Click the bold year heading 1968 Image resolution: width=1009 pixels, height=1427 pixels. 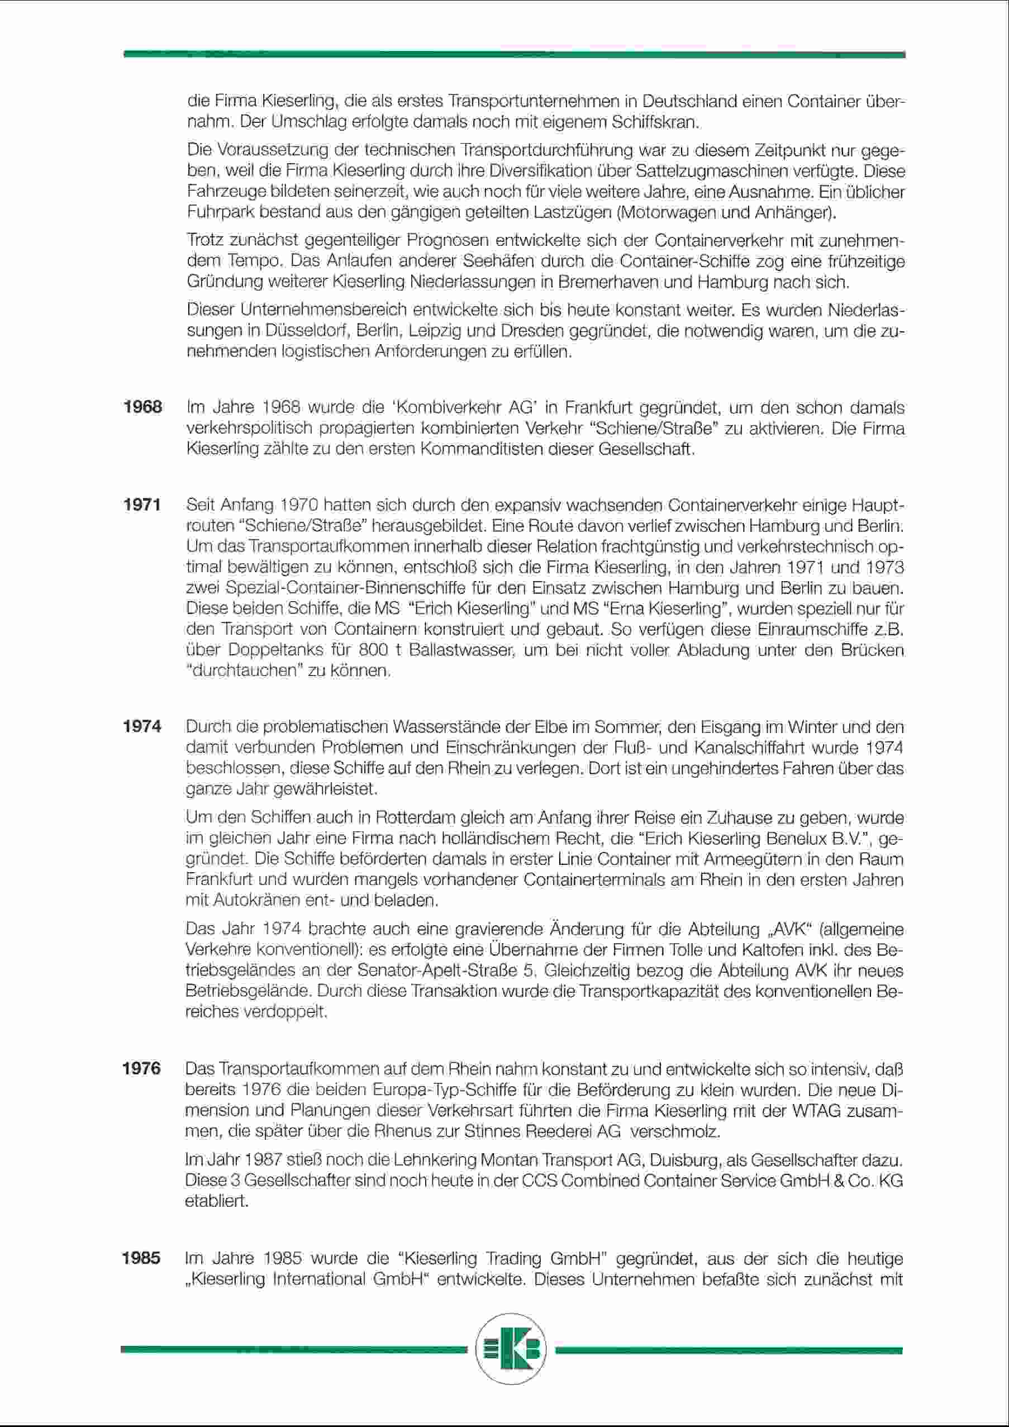coord(143,408)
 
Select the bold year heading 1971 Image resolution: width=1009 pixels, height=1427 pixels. coord(142,505)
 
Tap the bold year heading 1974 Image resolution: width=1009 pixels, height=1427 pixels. coord(142,726)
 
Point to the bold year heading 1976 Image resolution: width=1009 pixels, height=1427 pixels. coord(142,1068)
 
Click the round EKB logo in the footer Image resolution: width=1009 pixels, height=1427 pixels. coord(511,1350)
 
